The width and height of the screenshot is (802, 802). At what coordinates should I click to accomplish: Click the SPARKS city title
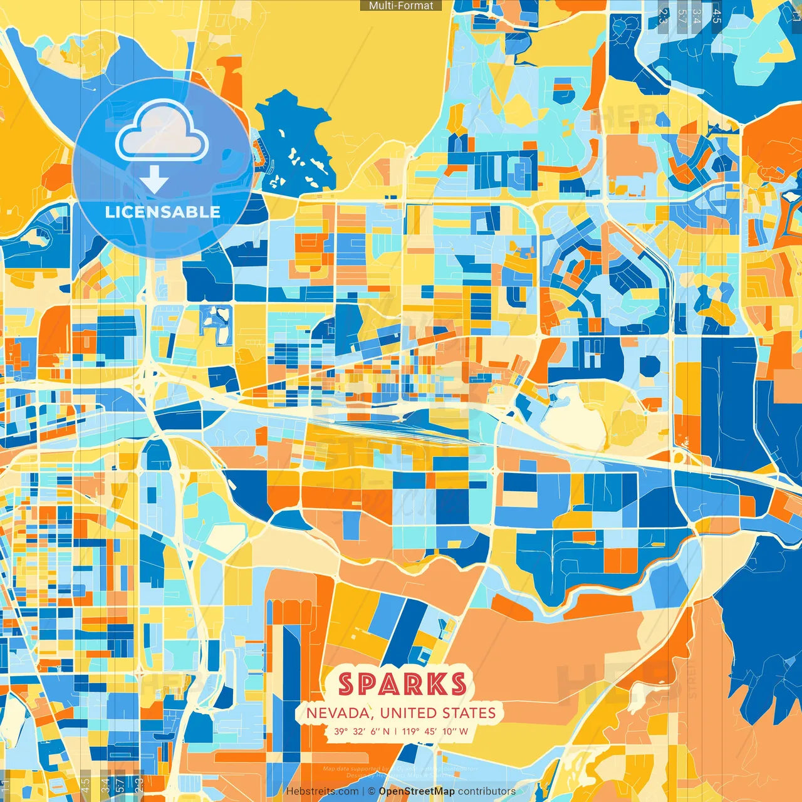[402, 684]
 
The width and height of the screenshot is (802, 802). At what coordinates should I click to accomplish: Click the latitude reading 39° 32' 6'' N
[362, 731]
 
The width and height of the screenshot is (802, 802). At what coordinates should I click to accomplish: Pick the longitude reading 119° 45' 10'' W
[435, 731]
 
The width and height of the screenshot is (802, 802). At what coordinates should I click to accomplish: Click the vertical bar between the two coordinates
[396, 731]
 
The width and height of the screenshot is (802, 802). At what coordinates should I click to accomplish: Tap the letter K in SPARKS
[435, 684]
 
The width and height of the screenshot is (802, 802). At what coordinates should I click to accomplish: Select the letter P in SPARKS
[368, 684]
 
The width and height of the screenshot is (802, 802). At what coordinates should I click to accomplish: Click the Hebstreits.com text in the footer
[322, 791]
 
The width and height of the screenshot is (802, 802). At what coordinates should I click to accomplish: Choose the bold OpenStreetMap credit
[417, 791]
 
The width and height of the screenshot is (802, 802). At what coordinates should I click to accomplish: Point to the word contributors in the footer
[487, 791]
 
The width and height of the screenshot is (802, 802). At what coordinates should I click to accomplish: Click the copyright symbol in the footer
[372, 791]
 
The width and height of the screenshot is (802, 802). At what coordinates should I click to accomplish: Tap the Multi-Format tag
[401, 6]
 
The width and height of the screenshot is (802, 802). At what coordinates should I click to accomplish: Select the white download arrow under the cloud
[154, 180]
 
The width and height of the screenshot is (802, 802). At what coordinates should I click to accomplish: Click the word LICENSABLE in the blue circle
[163, 212]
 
